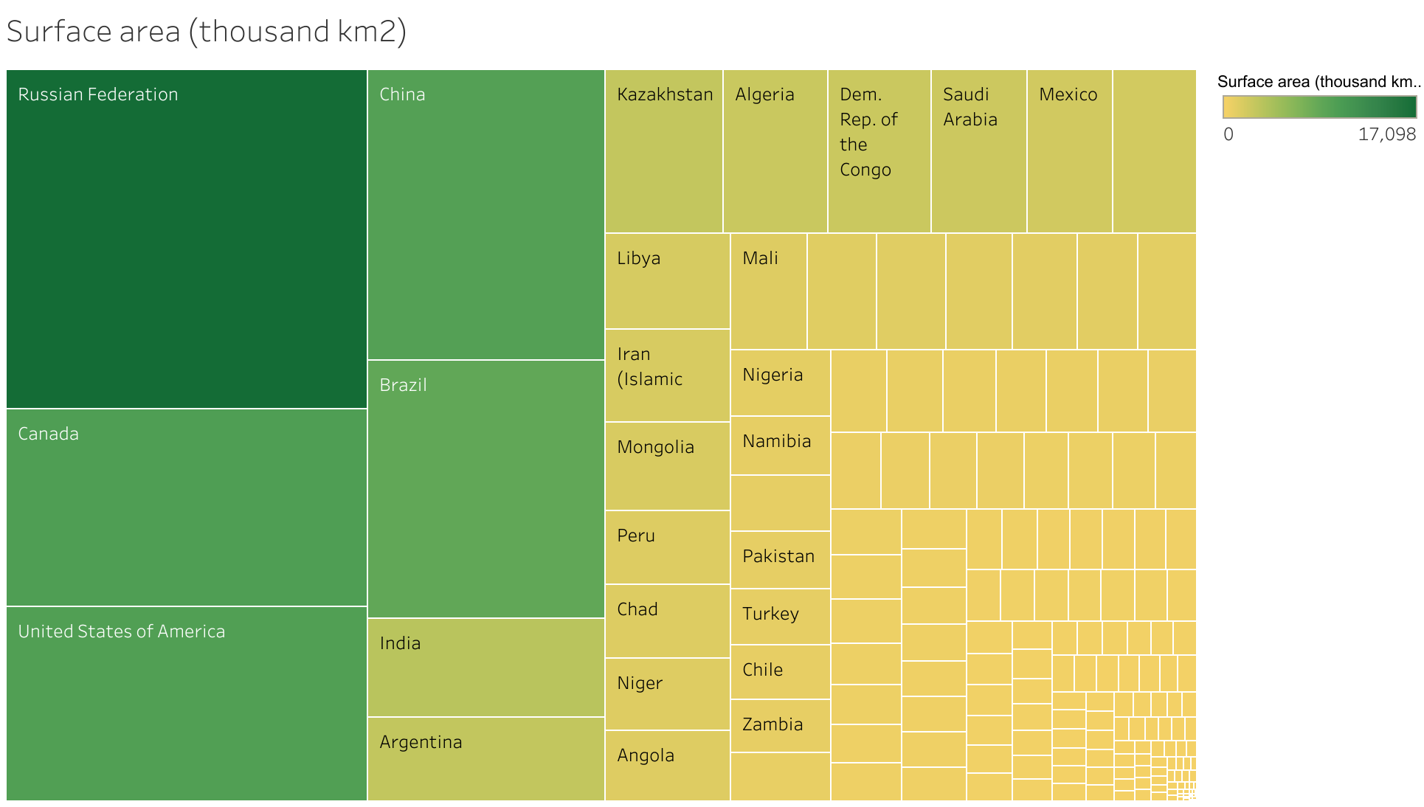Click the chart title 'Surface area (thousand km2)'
pyautogui.click(x=206, y=32)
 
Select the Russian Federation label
pyautogui.click(x=98, y=94)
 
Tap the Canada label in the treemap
pyautogui.click(x=49, y=434)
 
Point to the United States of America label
pyautogui.click(x=122, y=631)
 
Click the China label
pyautogui.click(x=402, y=94)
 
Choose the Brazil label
pyautogui.click(x=403, y=385)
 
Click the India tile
pyautogui.click(x=485, y=668)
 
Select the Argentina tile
pyautogui.click(x=485, y=758)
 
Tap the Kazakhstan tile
pyautogui.click(x=664, y=151)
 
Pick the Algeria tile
pyautogui.click(x=775, y=151)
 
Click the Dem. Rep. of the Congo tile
pyautogui.click(x=879, y=151)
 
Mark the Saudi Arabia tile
pyautogui.click(x=978, y=151)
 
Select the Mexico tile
pyautogui.click(x=1069, y=151)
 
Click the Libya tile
pyautogui.click(x=667, y=281)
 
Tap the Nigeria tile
pyautogui.click(x=780, y=383)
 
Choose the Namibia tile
pyautogui.click(x=780, y=446)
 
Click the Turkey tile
pyautogui.click(x=780, y=617)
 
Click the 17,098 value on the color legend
pyautogui.click(x=1386, y=134)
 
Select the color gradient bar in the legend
pyautogui.click(x=1319, y=108)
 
